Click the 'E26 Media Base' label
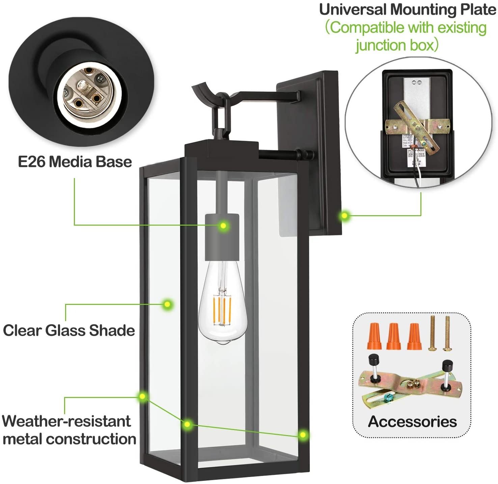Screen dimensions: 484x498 [75, 162]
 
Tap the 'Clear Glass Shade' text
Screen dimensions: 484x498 [69, 330]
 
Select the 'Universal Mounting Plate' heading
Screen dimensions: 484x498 [407, 9]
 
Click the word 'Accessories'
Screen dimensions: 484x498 [412, 422]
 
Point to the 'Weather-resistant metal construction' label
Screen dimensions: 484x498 [69, 430]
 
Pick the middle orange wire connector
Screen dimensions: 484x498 [393, 337]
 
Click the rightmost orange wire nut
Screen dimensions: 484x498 [414, 337]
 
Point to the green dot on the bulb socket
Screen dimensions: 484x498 [223, 225]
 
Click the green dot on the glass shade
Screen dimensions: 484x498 [167, 305]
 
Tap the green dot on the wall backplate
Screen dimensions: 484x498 [344, 216]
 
